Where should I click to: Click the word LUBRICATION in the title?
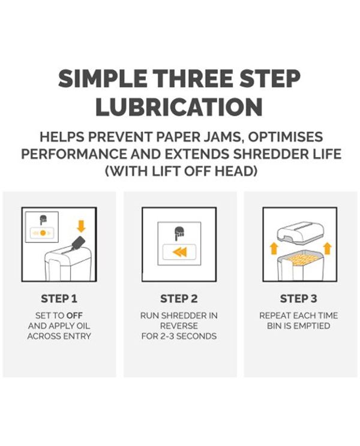coord(179,107)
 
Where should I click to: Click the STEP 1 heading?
coord(59,299)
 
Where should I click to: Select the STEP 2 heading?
coord(179,299)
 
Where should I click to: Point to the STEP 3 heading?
coord(298,299)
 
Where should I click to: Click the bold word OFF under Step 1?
coord(74,316)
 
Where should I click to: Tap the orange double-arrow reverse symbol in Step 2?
coord(180,252)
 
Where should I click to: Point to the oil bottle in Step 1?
coord(77,243)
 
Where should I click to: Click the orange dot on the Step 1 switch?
coord(43,233)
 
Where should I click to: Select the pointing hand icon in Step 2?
coord(179,233)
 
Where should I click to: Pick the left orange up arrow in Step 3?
coord(274,248)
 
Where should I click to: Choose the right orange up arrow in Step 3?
coord(328,248)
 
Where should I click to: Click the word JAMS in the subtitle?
coord(224,137)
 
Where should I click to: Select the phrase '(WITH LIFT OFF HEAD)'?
coord(181,171)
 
